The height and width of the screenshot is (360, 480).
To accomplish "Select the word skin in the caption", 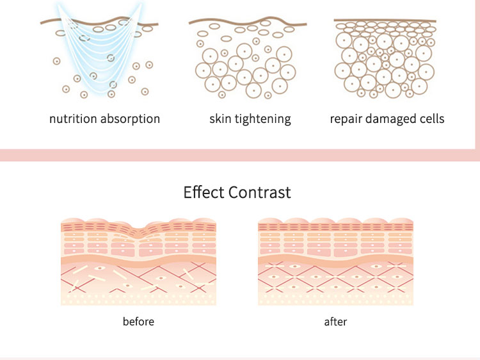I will click(x=220, y=119).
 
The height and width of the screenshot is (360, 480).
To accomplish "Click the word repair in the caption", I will click(x=346, y=119).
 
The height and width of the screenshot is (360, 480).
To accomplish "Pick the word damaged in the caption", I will click(x=390, y=119).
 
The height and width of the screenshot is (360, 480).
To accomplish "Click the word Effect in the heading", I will click(x=204, y=192).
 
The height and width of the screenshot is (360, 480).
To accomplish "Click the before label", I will click(x=138, y=321).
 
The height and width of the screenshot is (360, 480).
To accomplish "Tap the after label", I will click(x=335, y=321).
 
